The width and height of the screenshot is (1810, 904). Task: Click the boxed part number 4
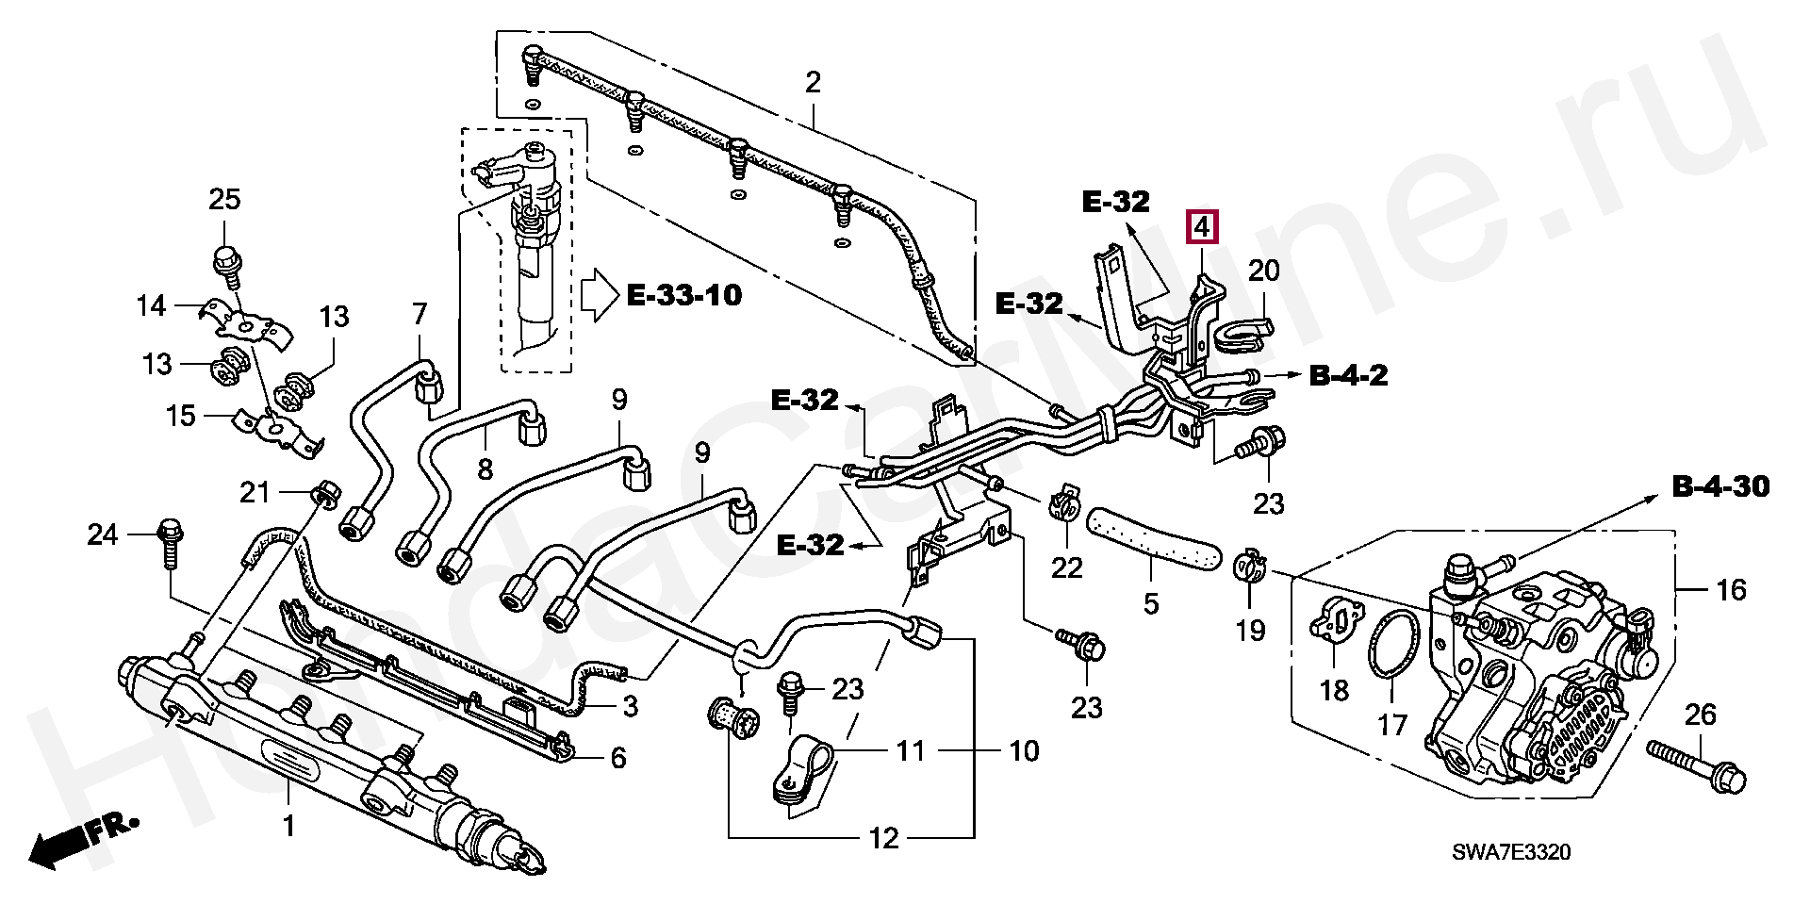[x=1203, y=228]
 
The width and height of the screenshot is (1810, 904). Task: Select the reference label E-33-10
[x=684, y=296]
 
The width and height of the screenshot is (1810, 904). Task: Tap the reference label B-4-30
[x=1720, y=486]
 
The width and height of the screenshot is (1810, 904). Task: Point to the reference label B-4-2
[x=1348, y=376]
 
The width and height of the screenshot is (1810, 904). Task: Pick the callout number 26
[x=1700, y=715]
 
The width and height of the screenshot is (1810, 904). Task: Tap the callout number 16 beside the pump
[x=1731, y=590]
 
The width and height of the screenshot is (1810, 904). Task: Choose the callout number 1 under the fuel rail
[x=288, y=826]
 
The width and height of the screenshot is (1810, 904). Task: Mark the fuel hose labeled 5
[x=1153, y=541]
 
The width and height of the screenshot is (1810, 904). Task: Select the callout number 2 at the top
[x=813, y=82]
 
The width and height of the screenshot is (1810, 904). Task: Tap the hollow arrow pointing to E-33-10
[x=598, y=296]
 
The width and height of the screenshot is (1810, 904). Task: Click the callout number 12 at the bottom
[x=884, y=837]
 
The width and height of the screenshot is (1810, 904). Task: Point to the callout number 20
[x=1264, y=271]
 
